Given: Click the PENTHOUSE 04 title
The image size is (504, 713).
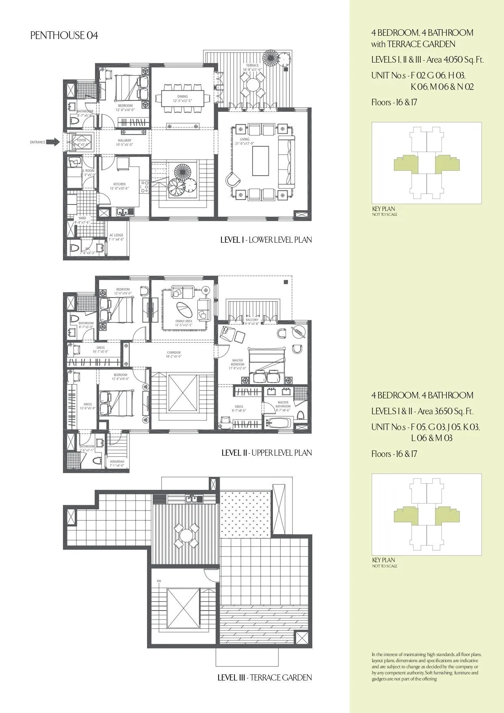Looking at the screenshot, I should pos(64,36).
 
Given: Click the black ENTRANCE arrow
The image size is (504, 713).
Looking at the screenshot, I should pos(53,142).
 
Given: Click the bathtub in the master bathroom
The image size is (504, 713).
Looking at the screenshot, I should pos(278,423).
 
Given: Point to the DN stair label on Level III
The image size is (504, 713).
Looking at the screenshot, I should pos(159,581).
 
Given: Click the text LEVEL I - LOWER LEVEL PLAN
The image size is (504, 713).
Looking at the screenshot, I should pos(266,240).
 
